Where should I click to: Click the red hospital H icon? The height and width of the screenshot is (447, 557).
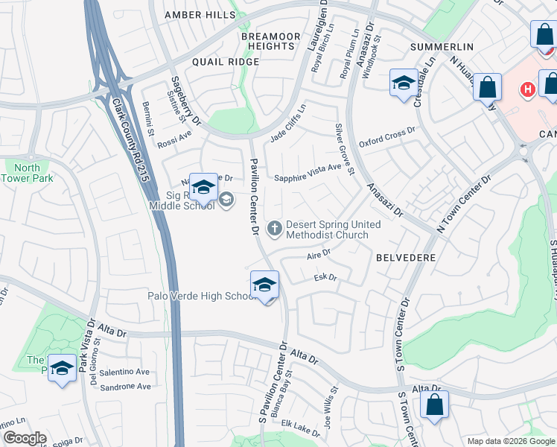click(527, 89)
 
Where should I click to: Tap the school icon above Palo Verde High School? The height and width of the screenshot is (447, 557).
click(264, 285)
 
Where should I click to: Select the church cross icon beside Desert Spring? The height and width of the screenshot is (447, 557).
click(275, 228)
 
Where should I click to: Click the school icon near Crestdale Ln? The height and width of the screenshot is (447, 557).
click(404, 83)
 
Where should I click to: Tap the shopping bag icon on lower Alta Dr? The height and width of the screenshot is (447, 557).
click(435, 405)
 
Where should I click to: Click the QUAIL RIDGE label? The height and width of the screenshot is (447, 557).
click(226, 62)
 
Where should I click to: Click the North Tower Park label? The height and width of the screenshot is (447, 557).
click(27, 173)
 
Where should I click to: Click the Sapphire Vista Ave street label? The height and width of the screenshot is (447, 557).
click(308, 177)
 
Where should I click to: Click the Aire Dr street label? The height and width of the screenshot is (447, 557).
click(318, 255)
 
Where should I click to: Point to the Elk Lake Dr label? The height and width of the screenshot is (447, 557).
click(300, 425)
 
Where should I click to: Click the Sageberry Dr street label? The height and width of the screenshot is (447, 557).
click(185, 101)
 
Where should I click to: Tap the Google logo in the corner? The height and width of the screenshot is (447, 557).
click(24, 438)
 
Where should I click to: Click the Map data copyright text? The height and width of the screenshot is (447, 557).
click(511, 441)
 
